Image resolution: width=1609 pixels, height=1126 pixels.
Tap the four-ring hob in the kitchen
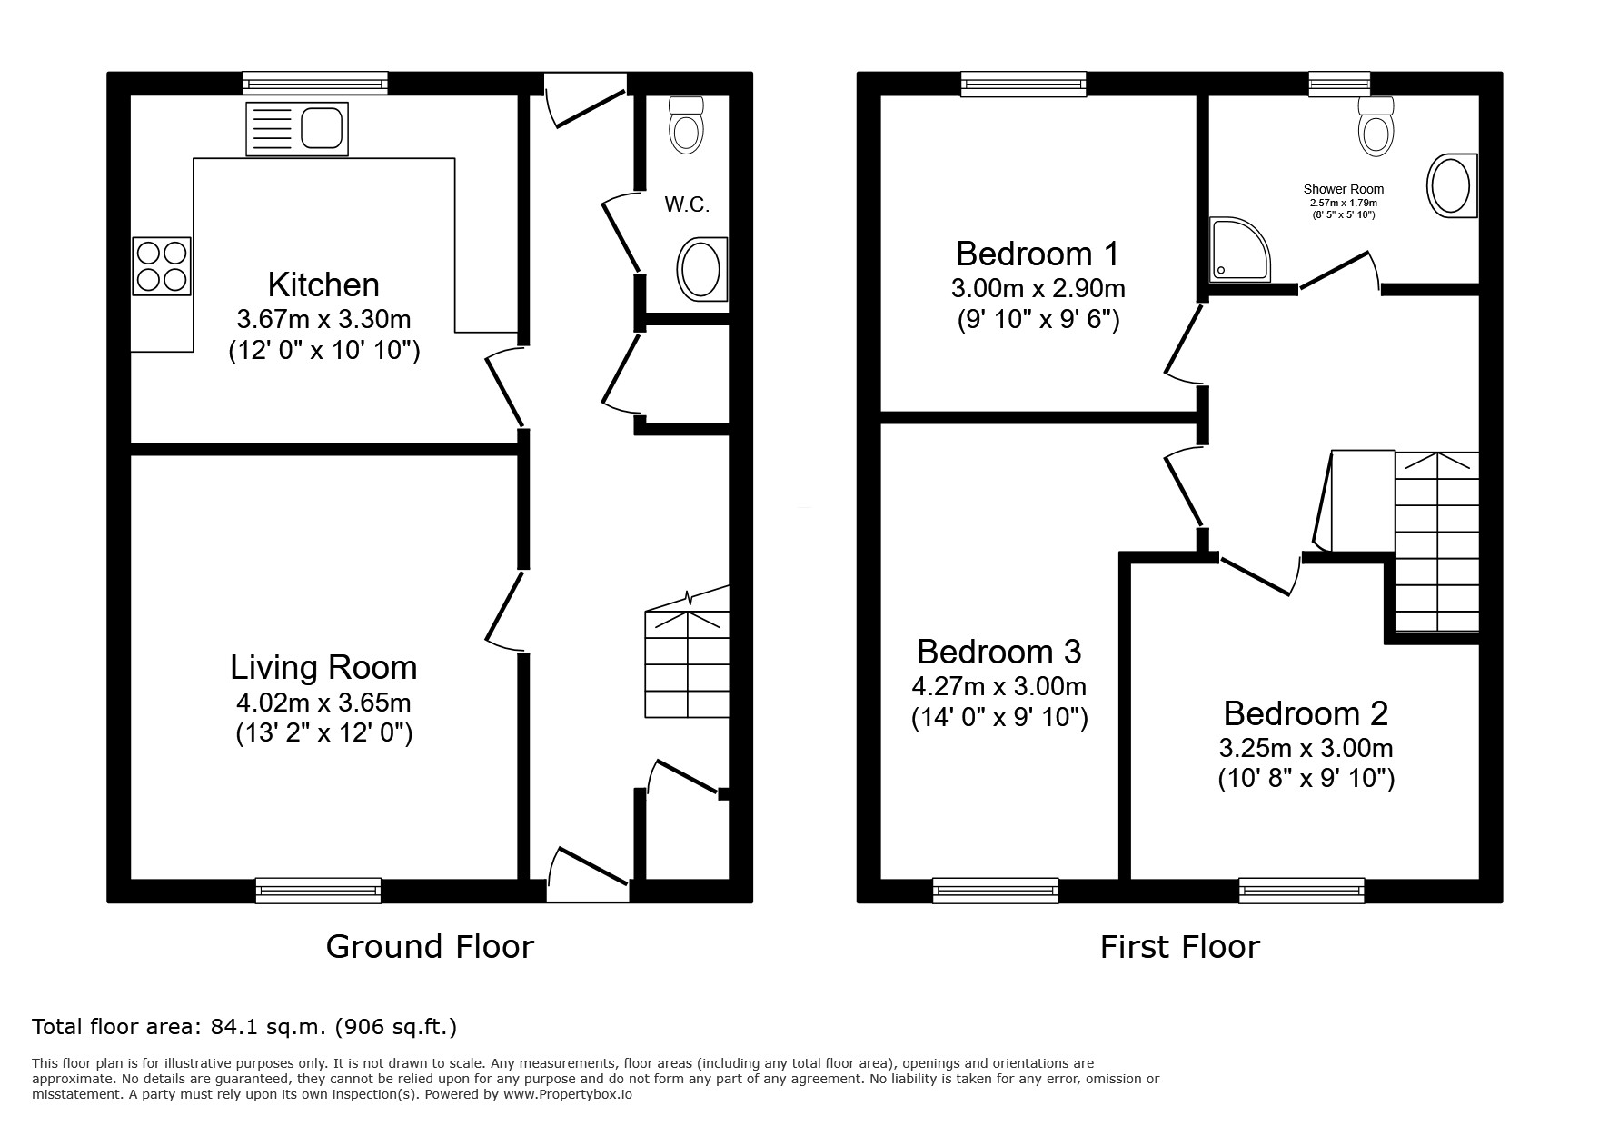[x=162, y=266]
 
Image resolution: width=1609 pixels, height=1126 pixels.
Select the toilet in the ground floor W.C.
[x=686, y=125]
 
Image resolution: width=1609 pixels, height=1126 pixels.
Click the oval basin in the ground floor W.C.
[x=701, y=269]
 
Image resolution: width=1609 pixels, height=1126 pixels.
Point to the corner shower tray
[x=1239, y=248]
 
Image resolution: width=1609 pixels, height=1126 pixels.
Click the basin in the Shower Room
[x=1452, y=186]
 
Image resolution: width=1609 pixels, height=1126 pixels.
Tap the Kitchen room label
[x=323, y=285]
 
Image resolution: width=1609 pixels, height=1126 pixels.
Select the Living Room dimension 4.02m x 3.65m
[x=323, y=703]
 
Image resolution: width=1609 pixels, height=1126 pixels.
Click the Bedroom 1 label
[x=1038, y=254]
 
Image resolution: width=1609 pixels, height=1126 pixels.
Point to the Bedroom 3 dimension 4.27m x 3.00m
[x=999, y=686]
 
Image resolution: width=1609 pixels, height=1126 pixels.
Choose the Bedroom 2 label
[x=1306, y=713]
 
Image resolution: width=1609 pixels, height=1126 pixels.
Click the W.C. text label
[x=687, y=205]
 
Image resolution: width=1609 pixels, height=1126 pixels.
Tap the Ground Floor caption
[x=430, y=947]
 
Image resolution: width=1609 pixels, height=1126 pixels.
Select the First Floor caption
[x=1180, y=947]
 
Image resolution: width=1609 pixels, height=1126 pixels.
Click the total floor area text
[x=244, y=1027]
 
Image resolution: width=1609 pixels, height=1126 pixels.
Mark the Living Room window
[x=318, y=891]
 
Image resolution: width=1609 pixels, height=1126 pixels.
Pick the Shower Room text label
[x=1344, y=189]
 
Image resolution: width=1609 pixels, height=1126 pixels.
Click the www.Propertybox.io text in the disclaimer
[x=568, y=1095]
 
